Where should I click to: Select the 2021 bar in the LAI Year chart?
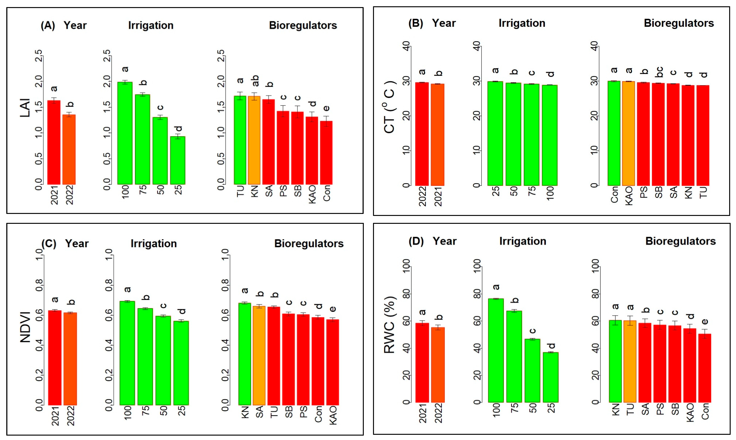pyautogui.click(x=54, y=142)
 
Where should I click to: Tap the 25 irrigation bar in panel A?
pyautogui.click(x=178, y=160)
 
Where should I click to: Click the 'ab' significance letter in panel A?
pyautogui.click(x=255, y=81)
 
